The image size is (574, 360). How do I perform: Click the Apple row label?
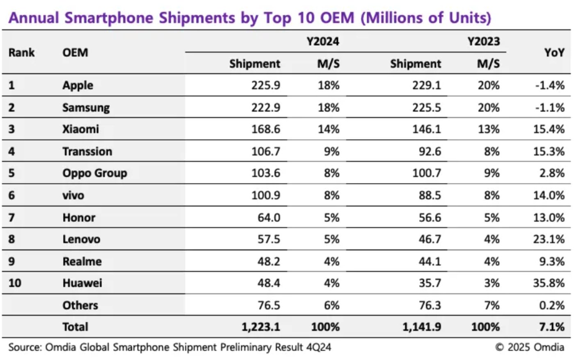point(78,85)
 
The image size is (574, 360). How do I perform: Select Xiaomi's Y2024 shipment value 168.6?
point(265,129)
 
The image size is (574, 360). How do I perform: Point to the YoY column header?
point(554,53)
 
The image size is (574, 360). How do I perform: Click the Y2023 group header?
point(484,41)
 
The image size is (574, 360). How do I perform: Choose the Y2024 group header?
point(323,41)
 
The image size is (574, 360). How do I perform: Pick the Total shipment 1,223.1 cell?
point(261,327)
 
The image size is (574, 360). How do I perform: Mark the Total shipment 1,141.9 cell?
point(421,327)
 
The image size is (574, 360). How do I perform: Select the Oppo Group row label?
point(94,173)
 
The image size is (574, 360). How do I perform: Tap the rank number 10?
point(15,283)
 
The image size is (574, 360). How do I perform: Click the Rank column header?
point(21,53)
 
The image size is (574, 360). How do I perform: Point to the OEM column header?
point(75,53)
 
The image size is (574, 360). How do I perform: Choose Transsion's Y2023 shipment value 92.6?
point(430,151)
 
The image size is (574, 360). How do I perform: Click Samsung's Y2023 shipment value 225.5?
point(427,108)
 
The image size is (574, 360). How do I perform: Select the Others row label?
point(80,305)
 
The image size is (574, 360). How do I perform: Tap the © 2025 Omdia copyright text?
point(529,347)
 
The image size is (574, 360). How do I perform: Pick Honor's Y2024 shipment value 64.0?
point(269,218)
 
